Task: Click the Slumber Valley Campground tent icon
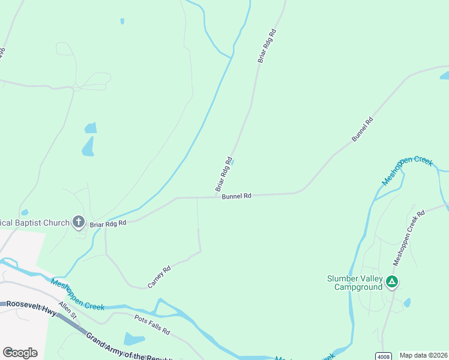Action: click(392, 281)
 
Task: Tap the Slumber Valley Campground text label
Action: click(355, 283)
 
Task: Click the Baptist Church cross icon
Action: click(78, 223)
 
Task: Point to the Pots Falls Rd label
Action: click(152, 325)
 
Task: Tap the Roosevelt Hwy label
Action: click(31, 305)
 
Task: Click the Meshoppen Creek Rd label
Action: click(409, 238)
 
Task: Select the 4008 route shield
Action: click(384, 356)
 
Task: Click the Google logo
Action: click(20, 353)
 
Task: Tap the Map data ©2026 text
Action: click(424, 355)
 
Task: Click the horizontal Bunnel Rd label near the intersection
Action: click(236, 196)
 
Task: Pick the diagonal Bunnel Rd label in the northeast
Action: click(362, 129)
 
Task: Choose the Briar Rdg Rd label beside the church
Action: click(108, 223)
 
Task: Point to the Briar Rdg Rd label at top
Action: click(267, 46)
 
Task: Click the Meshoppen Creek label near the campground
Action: click(407, 170)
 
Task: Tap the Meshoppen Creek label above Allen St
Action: click(77, 295)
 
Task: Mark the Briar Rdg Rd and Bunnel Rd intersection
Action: click(216, 197)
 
